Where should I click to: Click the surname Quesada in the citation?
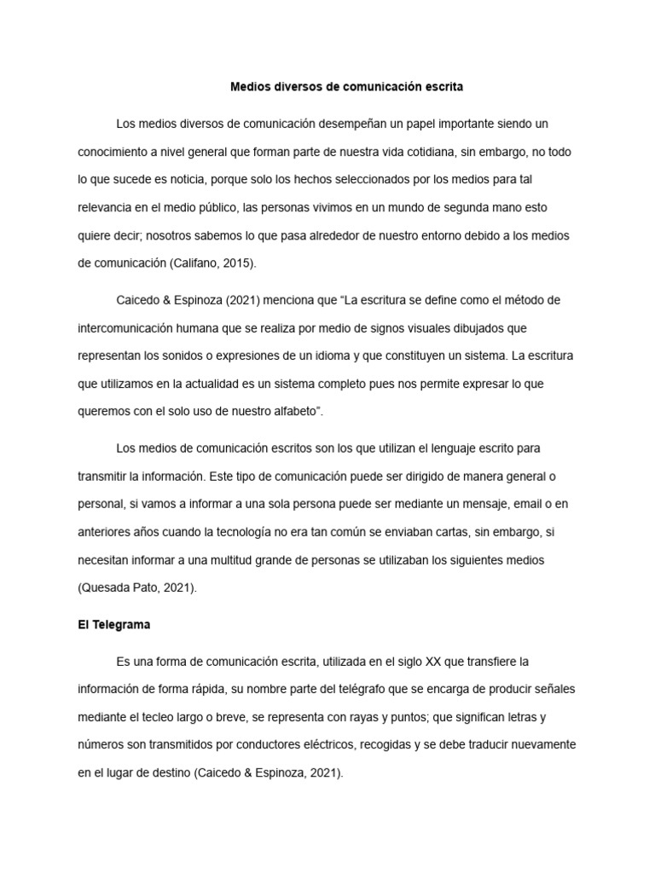pyautogui.click(x=107, y=588)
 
